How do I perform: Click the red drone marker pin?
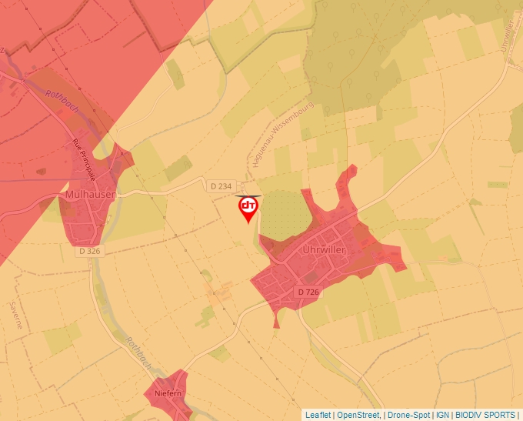tap(248, 208)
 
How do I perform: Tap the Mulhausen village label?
tap(90, 195)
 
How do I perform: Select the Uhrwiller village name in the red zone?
tap(324, 250)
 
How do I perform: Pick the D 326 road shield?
tap(89, 251)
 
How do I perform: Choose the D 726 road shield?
tap(308, 292)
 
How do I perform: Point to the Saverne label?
tap(15, 314)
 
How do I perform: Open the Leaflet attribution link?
tap(318, 415)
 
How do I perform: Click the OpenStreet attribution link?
tap(358, 415)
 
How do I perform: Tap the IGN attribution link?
tap(442, 415)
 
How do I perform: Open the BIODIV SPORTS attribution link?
tap(485, 415)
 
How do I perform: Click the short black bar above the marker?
tap(248, 195)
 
